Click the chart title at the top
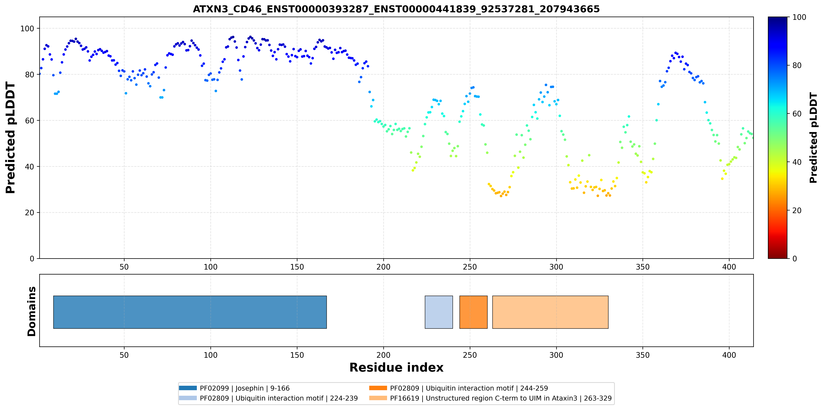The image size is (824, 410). (x=396, y=9)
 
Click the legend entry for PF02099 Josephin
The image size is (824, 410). (x=234, y=388)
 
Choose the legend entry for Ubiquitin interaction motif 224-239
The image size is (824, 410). (x=268, y=398)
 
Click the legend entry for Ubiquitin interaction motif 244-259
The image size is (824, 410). (x=458, y=388)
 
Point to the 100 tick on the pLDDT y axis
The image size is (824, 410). (x=27, y=28)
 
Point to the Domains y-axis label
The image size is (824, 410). (x=32, y=311)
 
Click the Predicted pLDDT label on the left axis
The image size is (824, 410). (x=11, y=138)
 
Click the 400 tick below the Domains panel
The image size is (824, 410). (x=729, y=355)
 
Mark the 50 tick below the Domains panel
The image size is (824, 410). (x=124, y=355)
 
